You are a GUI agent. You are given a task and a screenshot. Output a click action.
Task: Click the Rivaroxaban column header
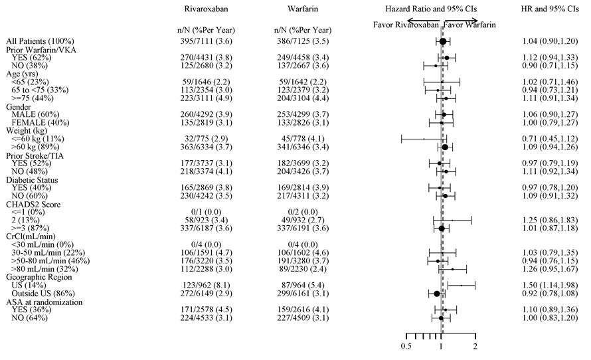(x=206, y=9)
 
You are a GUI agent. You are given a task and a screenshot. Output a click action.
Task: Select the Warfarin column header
(x=302, y=9)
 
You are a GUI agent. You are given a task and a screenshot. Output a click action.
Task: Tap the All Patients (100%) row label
(x=41, y=41)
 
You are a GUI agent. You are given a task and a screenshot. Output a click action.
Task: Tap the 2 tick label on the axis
(x=475, y=347)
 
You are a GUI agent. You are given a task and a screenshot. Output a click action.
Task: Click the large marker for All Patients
(x=443, y=41)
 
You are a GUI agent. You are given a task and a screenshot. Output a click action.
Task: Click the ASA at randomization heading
(x=46, y=302)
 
